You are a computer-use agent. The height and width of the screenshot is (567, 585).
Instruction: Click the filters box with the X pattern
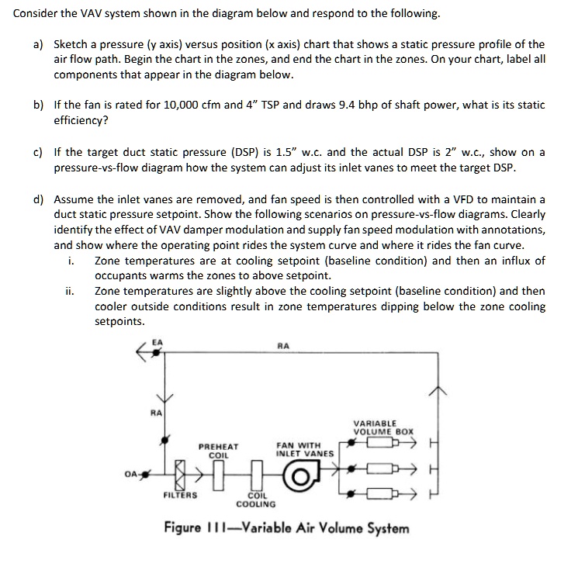[180, 472]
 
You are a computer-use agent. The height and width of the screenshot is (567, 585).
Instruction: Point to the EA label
[157, 341]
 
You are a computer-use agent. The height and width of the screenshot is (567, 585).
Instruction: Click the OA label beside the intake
[132, 472]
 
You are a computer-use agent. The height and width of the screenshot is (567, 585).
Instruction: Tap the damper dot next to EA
[157, 351]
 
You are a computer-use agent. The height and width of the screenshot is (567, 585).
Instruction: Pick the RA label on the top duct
[282, 346]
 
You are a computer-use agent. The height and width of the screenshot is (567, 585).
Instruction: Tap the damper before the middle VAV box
[355, 468]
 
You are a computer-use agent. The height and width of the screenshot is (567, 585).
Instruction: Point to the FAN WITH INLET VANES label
[304, 449]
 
